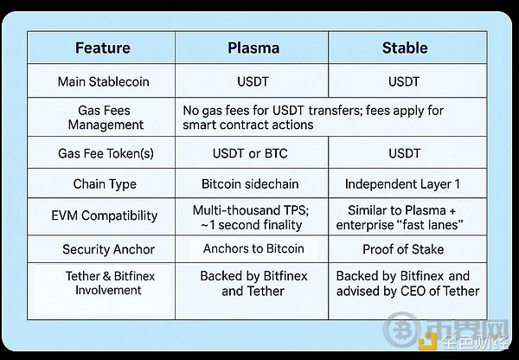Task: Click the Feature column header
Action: (x=103, y=48)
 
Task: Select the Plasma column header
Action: (x=252, y=48)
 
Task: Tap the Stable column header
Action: (x=406, y=48)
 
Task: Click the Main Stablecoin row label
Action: (x=103, y=81)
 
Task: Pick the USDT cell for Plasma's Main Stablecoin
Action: (x=252, y=81)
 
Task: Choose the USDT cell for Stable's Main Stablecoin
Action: (x=406, y=81)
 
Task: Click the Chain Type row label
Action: (x=103, y=184)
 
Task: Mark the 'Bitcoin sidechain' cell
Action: (x=252, y=184)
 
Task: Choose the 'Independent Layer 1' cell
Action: (x=406, y=184)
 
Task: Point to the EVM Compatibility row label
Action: (x=103, y=215)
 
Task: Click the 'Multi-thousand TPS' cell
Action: (x=252, y=217)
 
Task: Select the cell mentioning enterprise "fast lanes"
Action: (x=406, y=217)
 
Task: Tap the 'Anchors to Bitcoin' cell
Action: (x=252, y=249)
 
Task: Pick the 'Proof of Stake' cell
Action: (x=406, y=249)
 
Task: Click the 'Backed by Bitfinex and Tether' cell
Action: (x=252, y=284)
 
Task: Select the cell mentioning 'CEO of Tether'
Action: (x=406, y=284)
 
